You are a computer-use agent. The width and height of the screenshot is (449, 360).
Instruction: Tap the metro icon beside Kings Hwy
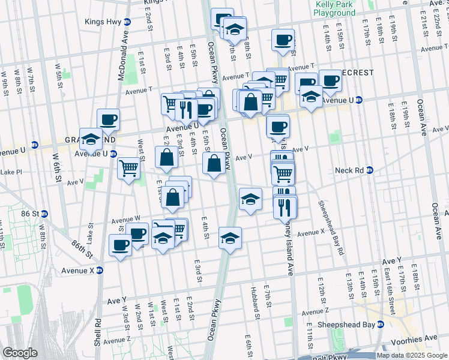tap(127, 22)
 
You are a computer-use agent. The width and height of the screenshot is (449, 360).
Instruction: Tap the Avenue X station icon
tap(100, 270)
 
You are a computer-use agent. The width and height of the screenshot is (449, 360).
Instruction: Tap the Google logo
tap(20, 353)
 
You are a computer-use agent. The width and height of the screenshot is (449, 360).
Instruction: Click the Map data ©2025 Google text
tap(412, 355)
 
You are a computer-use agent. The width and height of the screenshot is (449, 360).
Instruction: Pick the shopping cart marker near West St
tap(128, 168)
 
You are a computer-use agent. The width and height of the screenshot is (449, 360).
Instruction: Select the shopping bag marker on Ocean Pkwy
tap(214, 163)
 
